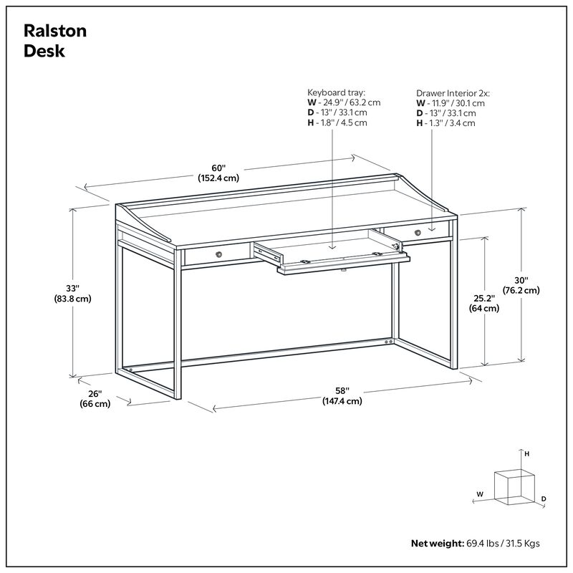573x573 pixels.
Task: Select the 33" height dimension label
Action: tap(70, 288)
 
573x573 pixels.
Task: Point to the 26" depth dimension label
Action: tap(95, 393)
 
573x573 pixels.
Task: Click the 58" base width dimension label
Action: tap(342, 390)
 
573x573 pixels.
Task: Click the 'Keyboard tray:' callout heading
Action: tap(336, 93)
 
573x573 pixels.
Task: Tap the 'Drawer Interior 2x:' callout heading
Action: tap(454, 93)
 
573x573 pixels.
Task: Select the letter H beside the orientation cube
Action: tap(526, 454)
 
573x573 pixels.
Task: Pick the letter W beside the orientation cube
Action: tap(480, 494)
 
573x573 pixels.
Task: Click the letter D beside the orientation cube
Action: tap(544, 499)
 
